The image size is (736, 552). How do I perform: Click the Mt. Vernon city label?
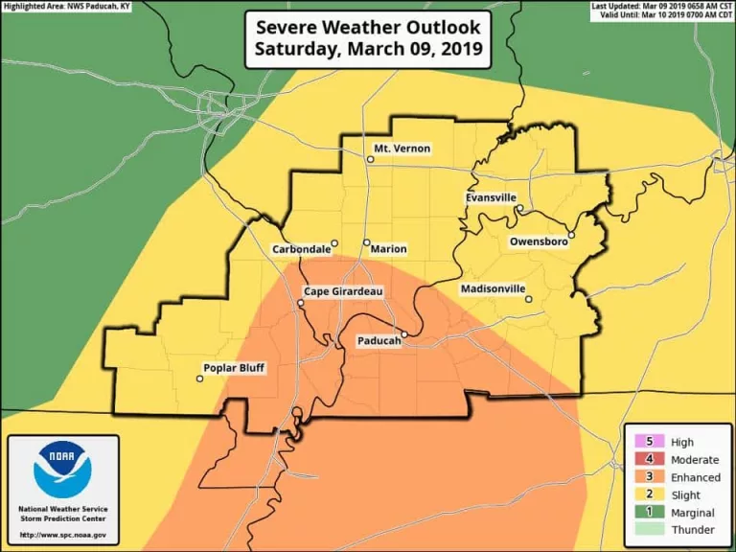(402, 149)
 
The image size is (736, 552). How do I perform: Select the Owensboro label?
(539, 242)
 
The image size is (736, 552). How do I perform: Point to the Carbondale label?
(301, 249)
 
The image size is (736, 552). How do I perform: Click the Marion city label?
(388, 249)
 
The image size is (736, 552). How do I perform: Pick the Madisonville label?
(492, 288)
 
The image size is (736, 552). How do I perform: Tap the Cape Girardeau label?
(343, 291)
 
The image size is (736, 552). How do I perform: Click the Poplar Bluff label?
(234, 369)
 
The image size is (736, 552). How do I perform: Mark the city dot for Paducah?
(404, 334)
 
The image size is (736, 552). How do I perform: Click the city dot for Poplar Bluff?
(199, 379)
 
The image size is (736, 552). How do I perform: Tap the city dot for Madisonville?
(528, 299)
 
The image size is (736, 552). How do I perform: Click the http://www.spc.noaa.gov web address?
(62, 535)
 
